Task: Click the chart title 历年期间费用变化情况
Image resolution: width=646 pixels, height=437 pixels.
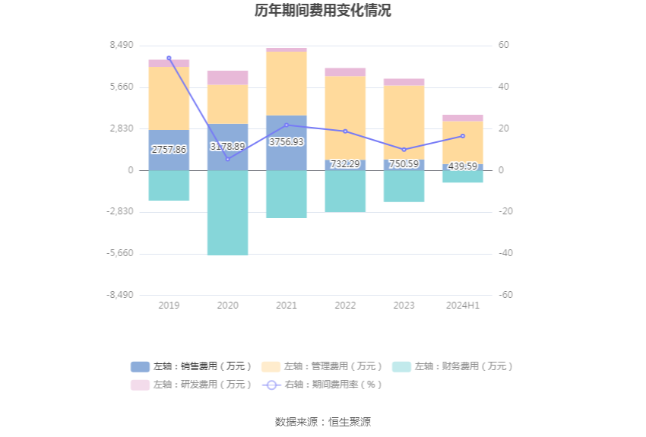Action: [323, 11]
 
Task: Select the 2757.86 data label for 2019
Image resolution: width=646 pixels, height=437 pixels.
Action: [169, 150]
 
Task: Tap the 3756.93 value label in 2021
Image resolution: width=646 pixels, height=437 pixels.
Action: [287, 142]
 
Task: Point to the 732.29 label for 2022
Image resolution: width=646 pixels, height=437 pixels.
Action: [345, 164]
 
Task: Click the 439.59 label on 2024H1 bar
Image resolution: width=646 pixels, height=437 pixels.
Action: [463, 166]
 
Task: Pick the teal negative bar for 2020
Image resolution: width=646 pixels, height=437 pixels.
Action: [228, 213]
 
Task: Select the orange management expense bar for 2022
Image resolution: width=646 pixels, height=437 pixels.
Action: [345, 118]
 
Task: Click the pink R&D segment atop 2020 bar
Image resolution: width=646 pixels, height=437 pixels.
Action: [228, 78]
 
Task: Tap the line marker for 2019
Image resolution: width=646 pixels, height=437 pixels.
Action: [169, 58]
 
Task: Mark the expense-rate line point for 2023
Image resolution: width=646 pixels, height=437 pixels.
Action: [404, 150]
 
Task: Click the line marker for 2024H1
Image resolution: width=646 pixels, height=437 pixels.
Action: [463, 136]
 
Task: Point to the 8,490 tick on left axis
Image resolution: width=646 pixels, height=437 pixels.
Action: [122, 46]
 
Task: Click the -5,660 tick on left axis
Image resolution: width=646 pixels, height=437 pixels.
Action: [120, 254]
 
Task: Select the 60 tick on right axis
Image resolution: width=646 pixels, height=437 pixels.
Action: [503, 46]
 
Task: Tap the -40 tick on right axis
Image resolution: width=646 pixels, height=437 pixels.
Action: [505, 254]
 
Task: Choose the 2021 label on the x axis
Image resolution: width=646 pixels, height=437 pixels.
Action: [287, 306]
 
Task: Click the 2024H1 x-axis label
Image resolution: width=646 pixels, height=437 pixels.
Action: [463, 306]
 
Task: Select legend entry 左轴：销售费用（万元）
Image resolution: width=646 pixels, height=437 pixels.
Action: [193, 366]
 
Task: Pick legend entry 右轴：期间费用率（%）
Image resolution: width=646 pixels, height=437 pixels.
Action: [322, 385]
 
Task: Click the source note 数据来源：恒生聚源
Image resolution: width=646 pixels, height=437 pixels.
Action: [323, 422]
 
